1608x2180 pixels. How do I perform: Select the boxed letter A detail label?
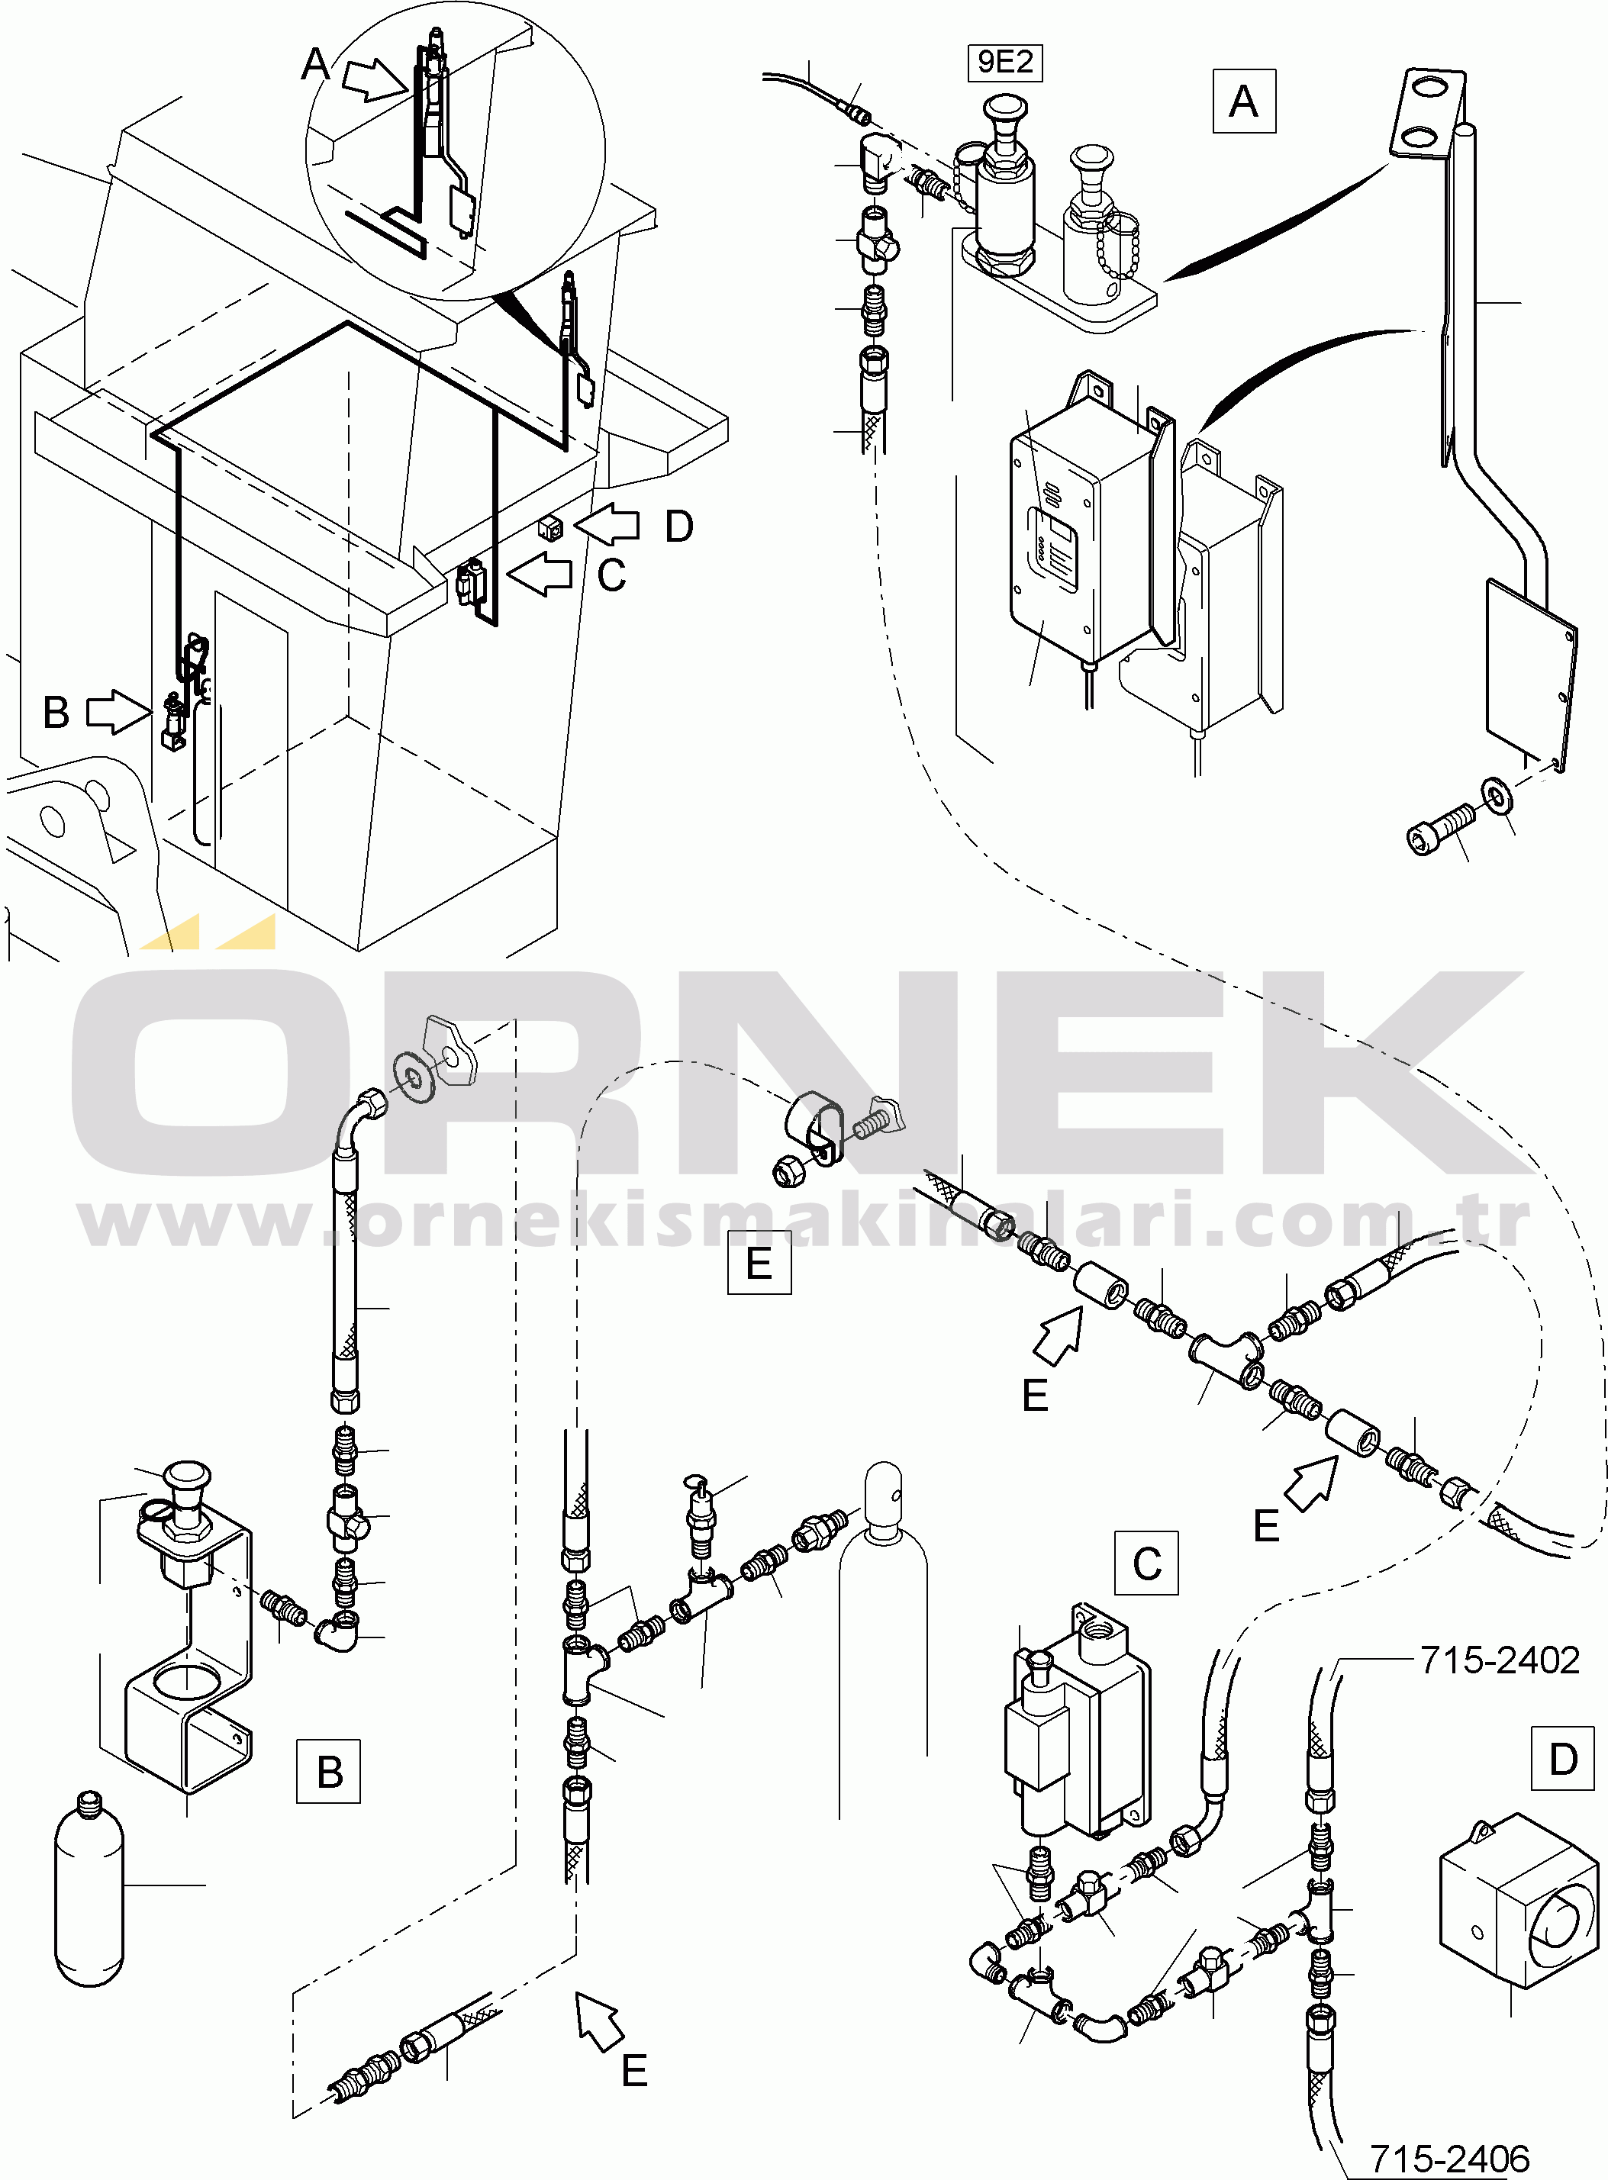click(x=1244, y=101)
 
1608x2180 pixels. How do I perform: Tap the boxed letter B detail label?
click(x=329, y=1771)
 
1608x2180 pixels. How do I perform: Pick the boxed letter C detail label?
click(x=1146, y=1563)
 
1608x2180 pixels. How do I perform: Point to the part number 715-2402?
click(x=1500, y=1660)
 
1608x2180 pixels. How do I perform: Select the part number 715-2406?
click(x=1449, y=2159)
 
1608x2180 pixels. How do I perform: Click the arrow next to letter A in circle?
click(x=374, y=78)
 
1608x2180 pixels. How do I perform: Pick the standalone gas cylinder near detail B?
click(x=89, y=1887)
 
